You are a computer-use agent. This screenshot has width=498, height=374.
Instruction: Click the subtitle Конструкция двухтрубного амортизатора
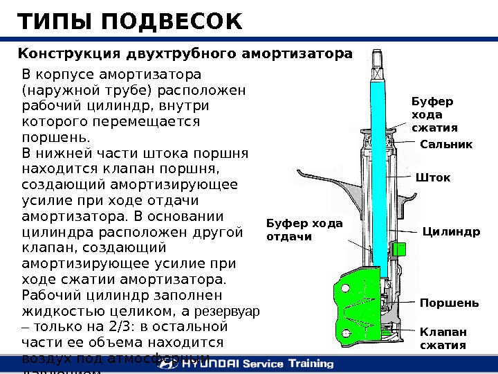pos(185,54)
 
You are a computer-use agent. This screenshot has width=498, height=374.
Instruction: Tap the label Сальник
pos(446,145)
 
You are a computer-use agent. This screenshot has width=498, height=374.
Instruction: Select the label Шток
pos(432,178)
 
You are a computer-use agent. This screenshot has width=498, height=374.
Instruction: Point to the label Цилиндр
pos(451,231)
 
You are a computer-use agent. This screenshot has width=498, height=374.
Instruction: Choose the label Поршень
pos(449,303)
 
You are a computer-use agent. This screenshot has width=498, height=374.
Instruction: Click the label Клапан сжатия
pos(443,339)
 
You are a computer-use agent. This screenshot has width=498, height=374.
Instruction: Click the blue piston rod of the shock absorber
pos(378,173)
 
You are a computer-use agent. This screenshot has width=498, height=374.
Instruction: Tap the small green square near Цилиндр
pos(398,248)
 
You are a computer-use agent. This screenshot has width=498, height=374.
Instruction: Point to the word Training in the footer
pos(308,364)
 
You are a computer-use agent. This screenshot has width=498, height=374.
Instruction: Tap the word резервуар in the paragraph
pos(230,312)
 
